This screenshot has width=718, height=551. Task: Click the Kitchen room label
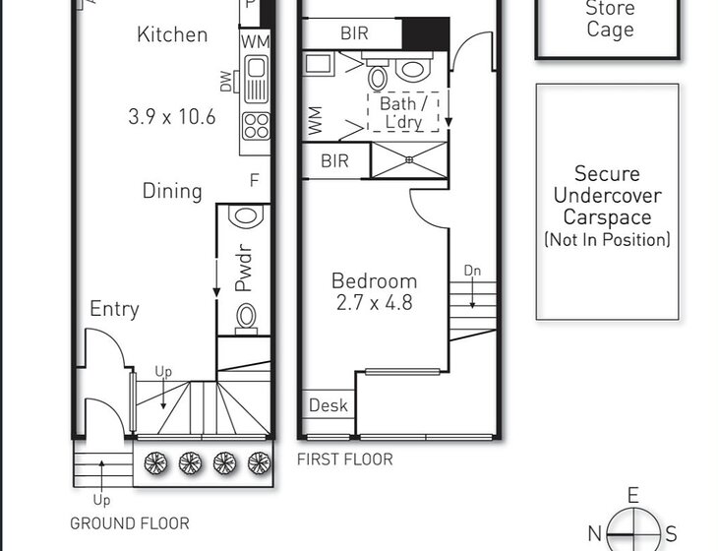(x=172, y=34)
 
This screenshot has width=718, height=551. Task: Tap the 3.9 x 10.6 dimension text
(x=172, y=117)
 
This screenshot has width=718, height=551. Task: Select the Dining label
(x=172, y=192)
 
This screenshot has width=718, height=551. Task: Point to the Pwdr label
(x=244, y=269)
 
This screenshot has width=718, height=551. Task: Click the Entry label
(x=114, y=309)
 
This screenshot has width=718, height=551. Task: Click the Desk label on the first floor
(x=328, y=405)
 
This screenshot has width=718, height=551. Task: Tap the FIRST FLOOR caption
(x=345, y=459)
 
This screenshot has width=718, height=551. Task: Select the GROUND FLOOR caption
(x=130, y=523)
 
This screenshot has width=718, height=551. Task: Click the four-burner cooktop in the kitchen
(x=256, y=126)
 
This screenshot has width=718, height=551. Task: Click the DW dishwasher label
(x=226, y=81)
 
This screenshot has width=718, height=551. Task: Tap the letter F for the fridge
(x=254, y=180)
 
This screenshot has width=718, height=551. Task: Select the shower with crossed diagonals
(x=409, y=159)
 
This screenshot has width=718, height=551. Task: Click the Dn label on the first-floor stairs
(x=472, y=271)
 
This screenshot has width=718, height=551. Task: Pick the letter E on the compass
(x=632, y=496)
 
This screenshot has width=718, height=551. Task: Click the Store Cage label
(x=610, y=19)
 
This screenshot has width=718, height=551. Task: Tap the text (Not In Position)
(x=607, y=240)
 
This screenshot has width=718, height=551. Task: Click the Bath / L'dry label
(x=403, y=113)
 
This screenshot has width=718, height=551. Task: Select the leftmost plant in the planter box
(x=155, y=463)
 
